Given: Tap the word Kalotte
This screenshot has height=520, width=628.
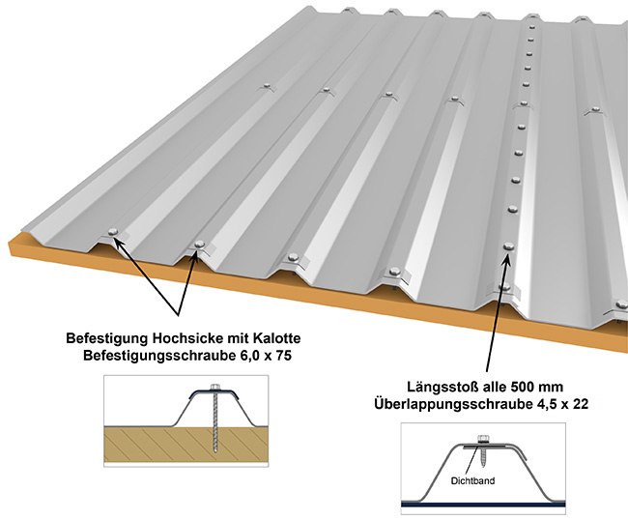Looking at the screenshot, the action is tap(276, 338).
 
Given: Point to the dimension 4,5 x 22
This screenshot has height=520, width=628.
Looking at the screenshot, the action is tap(561, 405).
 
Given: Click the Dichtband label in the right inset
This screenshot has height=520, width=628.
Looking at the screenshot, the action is tap(472, 480).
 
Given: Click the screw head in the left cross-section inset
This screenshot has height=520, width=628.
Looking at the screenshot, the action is tap(215, 387).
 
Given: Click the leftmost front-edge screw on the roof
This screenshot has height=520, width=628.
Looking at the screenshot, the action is tap(113, 232).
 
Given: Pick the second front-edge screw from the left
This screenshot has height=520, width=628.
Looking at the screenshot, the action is tap(199, 244).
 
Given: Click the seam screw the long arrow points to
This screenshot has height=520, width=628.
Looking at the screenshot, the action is tap(508, 246).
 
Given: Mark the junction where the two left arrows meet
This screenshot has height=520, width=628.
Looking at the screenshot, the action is tap(178, 315).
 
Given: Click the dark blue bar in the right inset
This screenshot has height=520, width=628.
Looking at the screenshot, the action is tap(483, 505).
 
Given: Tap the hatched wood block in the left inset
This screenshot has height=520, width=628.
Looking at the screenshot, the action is tap(186, 446).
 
